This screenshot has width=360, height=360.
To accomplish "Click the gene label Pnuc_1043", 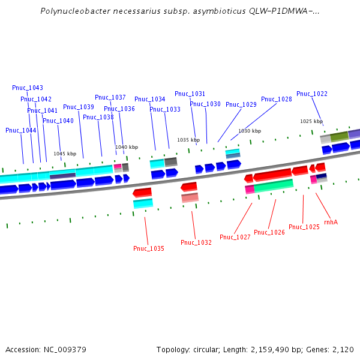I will (28, 88).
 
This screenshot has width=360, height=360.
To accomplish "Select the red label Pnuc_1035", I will (149, 248).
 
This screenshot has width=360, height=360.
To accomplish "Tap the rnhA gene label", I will (331, 222).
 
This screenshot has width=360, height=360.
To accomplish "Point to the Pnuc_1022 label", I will (312, 94).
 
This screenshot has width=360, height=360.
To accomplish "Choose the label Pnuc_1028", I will (277, 99).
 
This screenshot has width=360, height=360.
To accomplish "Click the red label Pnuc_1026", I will (269, 232).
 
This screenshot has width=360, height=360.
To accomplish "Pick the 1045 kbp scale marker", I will (65, 154).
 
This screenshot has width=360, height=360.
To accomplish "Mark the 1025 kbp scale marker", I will (311, 121).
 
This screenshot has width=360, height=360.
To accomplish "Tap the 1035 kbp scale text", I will (188, 140).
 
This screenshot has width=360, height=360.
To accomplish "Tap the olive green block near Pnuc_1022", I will (339, 137).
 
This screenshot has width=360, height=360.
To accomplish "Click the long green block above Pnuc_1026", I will (273, 185).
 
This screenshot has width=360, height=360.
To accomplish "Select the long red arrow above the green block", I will (272, 175).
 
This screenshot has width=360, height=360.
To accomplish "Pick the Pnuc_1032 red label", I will (196, 242).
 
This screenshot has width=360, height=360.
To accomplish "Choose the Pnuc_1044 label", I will (21, 130).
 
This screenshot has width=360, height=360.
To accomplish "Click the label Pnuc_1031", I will (190, 94).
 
